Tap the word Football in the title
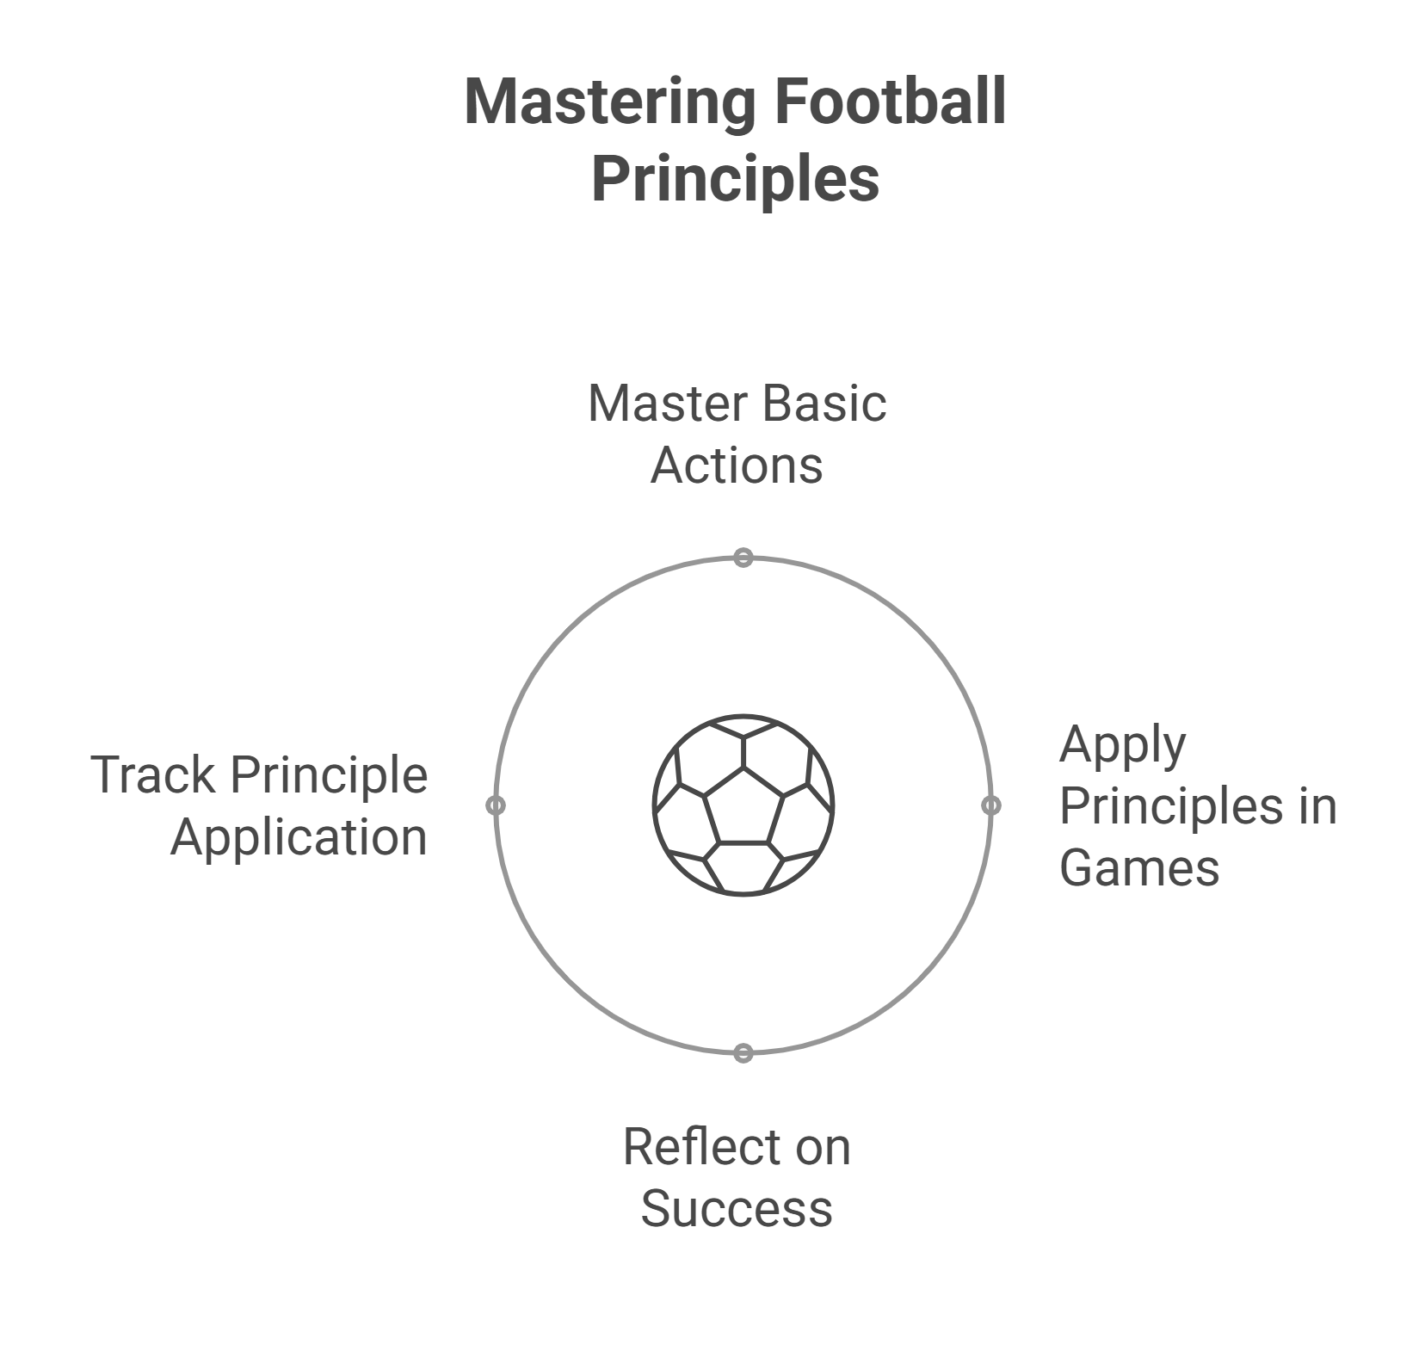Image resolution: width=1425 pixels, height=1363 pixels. click(x=891, y=102)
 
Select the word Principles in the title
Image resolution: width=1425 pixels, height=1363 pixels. click(x=736, y=179)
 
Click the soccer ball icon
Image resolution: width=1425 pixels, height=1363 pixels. click(x=743, y=805)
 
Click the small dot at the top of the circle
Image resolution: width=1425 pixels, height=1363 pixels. click(x=743, y=558)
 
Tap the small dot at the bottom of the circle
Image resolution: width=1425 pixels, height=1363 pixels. click(x=743, y=1053)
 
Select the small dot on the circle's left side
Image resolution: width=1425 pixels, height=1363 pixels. click(x=496, y=805)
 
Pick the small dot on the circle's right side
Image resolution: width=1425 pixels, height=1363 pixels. click(x=991, y=805)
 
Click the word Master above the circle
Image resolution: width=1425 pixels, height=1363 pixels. click(x=668, y=404)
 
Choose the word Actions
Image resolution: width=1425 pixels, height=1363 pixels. click(x=737, y=466)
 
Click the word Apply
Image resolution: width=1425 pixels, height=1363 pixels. click(x=1122, y=745)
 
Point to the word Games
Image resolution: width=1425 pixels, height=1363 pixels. click(x=1138, y=867)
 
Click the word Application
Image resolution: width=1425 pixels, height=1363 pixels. click(x=299, y=838)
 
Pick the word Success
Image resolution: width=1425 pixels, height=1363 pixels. click(x=737, y=1208)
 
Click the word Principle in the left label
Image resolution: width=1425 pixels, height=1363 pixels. click(x=330, y=775)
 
